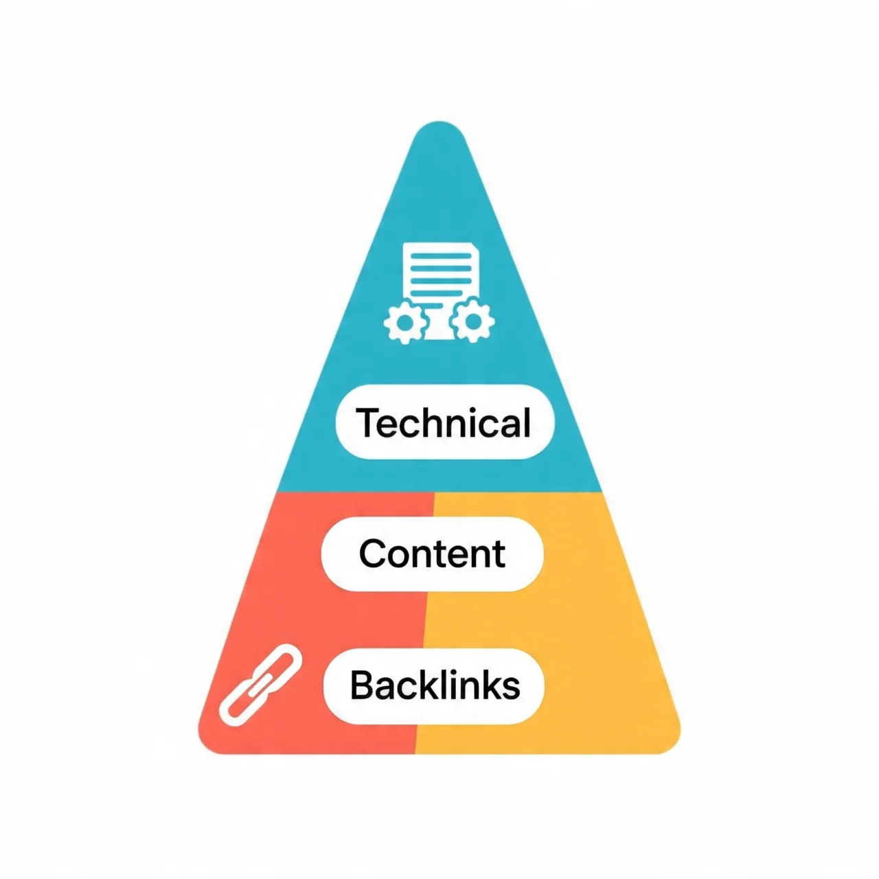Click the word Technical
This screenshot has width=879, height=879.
pos(444,422)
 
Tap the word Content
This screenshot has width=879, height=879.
pos(432,553)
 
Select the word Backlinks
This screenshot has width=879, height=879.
pos(435,685)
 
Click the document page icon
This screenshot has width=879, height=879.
pos(438,287)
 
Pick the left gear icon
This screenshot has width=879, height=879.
pos(405,322)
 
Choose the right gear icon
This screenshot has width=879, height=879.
pos(472,320)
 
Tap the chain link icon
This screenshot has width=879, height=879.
pos(260,685)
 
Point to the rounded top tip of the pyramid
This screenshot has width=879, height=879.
pos(439,122)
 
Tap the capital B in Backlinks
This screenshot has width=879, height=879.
pos(362,685)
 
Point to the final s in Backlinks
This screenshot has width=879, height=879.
pos(512,689)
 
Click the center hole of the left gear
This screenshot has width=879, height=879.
pos(405,323)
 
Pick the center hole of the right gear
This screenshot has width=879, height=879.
pos(473,321)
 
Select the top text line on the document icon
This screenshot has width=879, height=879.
pos(441,256)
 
